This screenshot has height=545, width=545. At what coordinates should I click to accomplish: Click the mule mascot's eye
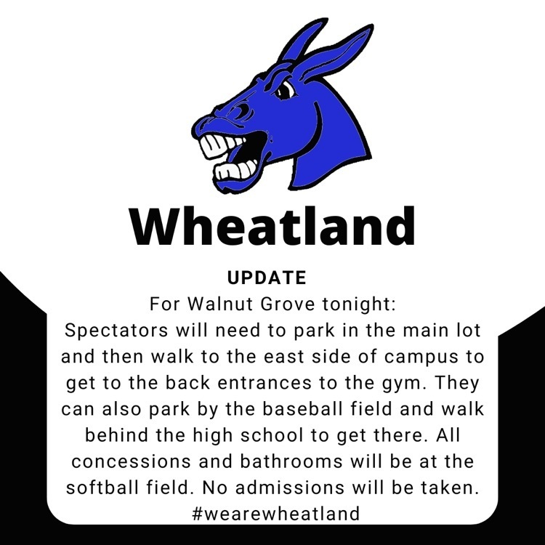(x=285, y=89)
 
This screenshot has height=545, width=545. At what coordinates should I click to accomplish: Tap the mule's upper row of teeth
(x=222, y=145)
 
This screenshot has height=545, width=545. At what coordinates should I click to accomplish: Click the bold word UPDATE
(x=267, y=278)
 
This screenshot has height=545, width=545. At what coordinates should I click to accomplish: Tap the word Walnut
(x=219, y=304)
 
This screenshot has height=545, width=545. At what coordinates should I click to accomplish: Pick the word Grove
(x=288, y=304)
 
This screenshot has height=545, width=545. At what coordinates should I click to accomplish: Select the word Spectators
(x=116, y=330)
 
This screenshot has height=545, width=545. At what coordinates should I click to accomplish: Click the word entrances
(x=265, y=383)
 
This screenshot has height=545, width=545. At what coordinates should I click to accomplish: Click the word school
(x=272, y=435)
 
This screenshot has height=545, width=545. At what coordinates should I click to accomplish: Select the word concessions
(x=132, y=462)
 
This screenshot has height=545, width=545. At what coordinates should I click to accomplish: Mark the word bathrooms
(x=291, y=461)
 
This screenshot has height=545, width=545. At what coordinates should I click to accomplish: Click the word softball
(x=102, y=488)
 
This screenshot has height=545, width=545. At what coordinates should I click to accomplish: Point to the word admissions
(x=290, y=488)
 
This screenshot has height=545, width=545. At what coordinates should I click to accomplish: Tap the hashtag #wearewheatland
(x=275, y=514)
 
